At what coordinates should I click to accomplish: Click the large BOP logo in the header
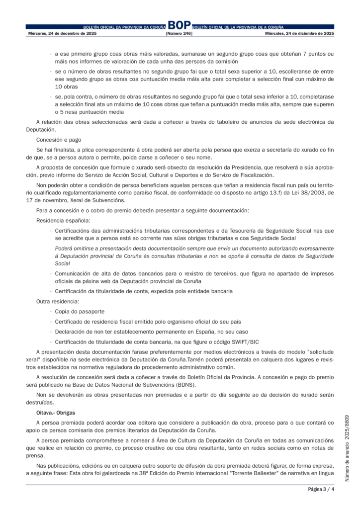coord(179,25)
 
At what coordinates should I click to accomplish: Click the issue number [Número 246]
coord(179,33)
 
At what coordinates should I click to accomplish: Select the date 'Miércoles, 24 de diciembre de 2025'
coord(300,33)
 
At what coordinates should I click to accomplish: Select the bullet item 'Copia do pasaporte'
coord(80,311)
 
